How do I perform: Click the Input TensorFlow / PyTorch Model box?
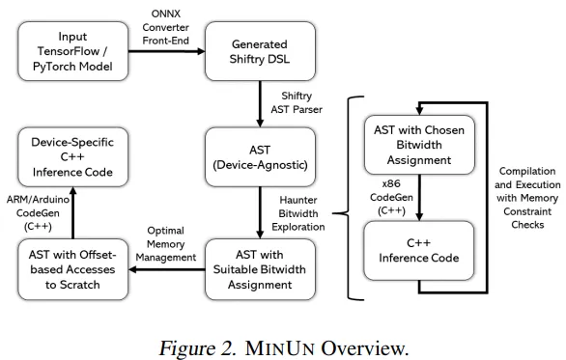click(73, 52)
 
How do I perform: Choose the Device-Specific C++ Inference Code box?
click(73, 157)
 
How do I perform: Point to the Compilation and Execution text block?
click(525, 197)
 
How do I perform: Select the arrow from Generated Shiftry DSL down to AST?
click(261, 103)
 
